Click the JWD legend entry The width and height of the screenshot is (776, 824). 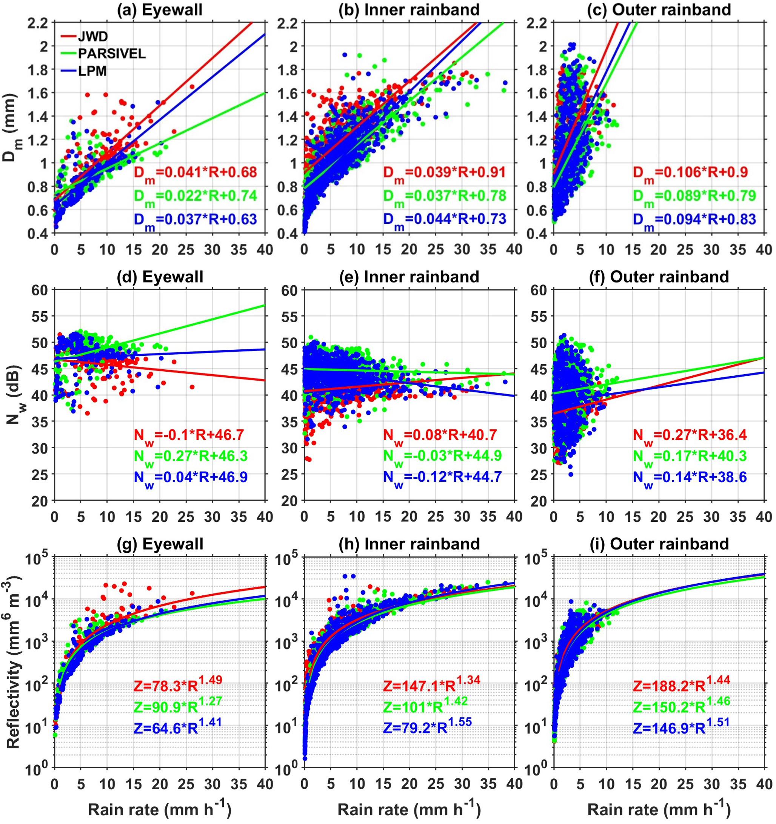click(92, 37)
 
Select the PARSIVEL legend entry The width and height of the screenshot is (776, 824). click(111, 54)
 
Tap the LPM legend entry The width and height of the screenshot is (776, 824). click(92, 71)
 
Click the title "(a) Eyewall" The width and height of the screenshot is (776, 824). click(160, 9)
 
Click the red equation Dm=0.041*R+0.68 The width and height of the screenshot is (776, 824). click(195, 172)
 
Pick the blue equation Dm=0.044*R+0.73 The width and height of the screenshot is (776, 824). click(444, 219)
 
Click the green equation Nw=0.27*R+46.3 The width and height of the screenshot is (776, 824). click(190, 457)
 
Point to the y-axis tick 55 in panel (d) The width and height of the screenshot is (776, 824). click(40, 316)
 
